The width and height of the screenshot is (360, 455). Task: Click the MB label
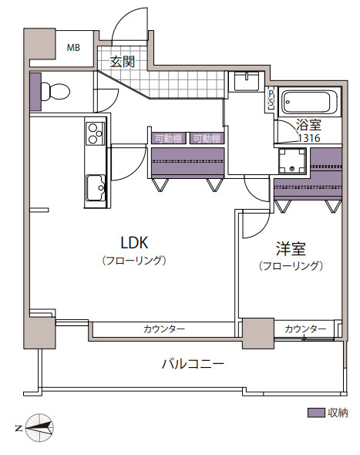click(x=73, y=47)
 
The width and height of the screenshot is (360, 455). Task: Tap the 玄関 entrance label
click(x=123, y=62)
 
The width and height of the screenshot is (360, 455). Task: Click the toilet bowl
click(x=56, y=92)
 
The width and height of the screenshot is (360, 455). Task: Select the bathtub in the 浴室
click(x=310, y=103)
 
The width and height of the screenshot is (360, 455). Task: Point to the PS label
click(x=271, y=98)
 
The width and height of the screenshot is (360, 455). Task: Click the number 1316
click(x=309, y=138)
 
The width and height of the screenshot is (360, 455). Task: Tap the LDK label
click(x=134, y=243)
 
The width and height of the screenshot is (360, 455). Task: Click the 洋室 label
click(x=291, y=249)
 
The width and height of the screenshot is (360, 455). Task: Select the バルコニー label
click(x=193, y=363)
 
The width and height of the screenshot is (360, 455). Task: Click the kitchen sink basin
click(x=96, y=187)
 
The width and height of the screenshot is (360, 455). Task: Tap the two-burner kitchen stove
click(x=95, y=133)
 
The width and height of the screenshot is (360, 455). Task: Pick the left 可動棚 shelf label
click(x=168, y=139)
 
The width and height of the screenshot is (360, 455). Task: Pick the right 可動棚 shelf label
click(x=207, y=139)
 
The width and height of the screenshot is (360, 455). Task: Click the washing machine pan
click(x=292, y=160)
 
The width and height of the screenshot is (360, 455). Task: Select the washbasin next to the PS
click(x=247, y=82)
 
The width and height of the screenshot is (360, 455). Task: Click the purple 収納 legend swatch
click(x=316, y=413)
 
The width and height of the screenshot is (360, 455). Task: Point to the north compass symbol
click(x=39, y=428)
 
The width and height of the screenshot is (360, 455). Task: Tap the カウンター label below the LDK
click(x=164, y=329)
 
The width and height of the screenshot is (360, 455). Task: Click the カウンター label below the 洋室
click(x=305, y=329)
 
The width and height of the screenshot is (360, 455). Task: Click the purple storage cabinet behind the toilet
click(x=35, y=92)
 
